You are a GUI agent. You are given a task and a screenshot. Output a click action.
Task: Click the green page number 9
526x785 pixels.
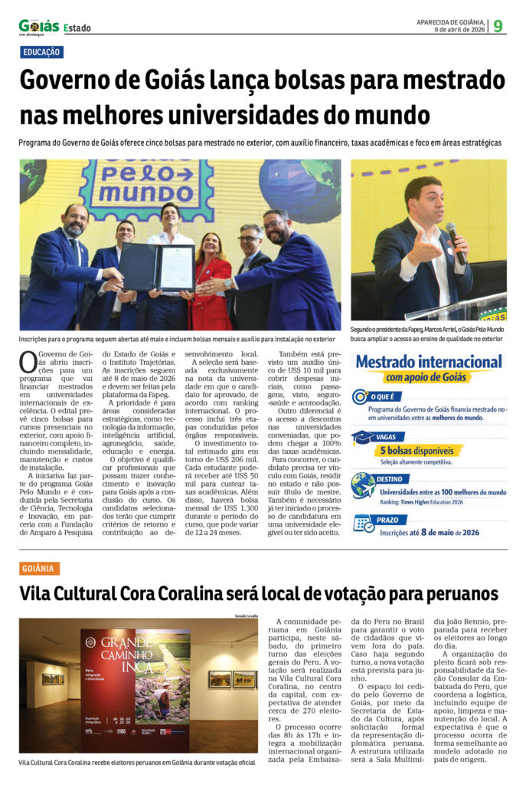pyautogui.click(x=498, y=25)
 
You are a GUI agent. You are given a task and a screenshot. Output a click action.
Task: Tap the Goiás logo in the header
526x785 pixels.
pyautogui.click(x=38, y=27)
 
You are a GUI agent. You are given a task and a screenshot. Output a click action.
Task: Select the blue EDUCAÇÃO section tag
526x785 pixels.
pyautogui.click(x=42, y=52)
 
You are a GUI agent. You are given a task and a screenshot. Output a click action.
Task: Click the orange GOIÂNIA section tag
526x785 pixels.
pyautogui.click(x=38, y=568)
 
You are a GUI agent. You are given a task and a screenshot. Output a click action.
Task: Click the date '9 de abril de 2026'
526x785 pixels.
pyautogui.click(x=460, y=30)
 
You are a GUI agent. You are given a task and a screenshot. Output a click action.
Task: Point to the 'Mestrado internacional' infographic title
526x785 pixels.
pyautogui.click(x=429, y=361)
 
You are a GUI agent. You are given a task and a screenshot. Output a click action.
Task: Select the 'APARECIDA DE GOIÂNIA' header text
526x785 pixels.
pyautogui.click(x=449, y=21)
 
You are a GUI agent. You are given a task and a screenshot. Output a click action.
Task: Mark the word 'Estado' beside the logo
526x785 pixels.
pyautogui.click(x=77, y=28)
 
